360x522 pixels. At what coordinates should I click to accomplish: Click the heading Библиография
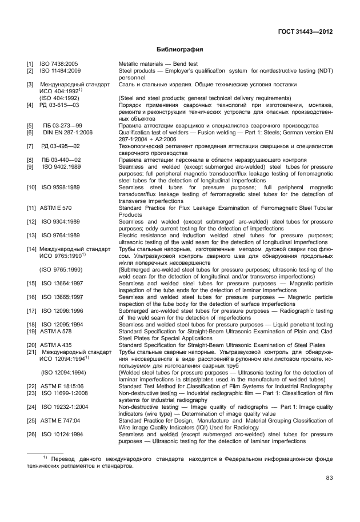(x=180, y=50)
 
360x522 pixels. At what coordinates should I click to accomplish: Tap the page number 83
(x=329, y=478)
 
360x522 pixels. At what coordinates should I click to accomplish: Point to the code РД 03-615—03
(x=59, y=105)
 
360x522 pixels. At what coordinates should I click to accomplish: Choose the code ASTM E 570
(x=55, y=208)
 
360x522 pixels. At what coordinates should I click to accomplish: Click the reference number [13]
(x=31, y=235)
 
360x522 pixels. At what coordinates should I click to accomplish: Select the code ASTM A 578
(x=55, y=330)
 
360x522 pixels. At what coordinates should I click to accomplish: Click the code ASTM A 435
(x=55, y=345)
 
